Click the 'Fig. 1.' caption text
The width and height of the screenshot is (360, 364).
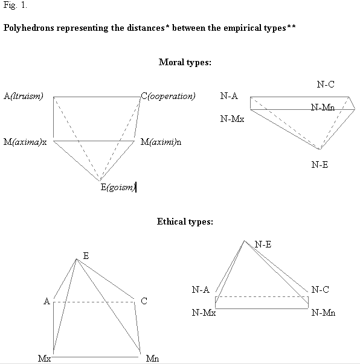pyautogui.click(x=15, y=5)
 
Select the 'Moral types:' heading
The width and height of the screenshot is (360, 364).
pyautogui.click(x=185, y=62)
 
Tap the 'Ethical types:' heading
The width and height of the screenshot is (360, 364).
pyautogui.click(x=185, y=222)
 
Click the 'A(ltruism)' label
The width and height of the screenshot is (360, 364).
pyautogui.click(x=24, y=96)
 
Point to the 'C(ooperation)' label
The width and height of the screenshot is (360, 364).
pyautogui.click(x=168, y=96)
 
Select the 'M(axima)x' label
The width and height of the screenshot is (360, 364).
pyautogui.click(x=25, y=142)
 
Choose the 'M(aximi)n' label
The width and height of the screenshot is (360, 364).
pyautogui.click(x=161, y=142)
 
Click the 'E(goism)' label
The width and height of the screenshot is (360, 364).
pyautogui.click(x=118, y=187)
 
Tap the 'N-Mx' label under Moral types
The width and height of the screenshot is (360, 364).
pyautogui.click(x=233, y=119)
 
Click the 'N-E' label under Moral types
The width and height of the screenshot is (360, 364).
pyautogui.click(x=320, y=165)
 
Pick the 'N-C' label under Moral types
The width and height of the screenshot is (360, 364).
pyautogui.click(x=326, y=85)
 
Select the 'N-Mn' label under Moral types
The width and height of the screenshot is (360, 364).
pyautogui.click(x=323, y=107)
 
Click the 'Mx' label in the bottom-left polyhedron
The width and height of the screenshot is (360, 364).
pyautogui.click(x=45, y=359)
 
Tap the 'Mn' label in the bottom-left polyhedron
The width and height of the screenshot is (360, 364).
pyautogui.click(x=153, y=359)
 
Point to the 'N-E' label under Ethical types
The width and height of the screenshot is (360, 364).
pyautogui.click(x=263, y=244)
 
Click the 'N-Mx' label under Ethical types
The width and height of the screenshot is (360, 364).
pyautogui.click(x=204, y=313)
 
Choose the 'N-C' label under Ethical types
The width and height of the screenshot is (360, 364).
pyautogui.click(x=320, y=290)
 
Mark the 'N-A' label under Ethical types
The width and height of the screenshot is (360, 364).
pyautogui.click(x=201, y=290)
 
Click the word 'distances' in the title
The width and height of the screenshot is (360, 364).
pyautogui.click(x=146, y=28)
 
